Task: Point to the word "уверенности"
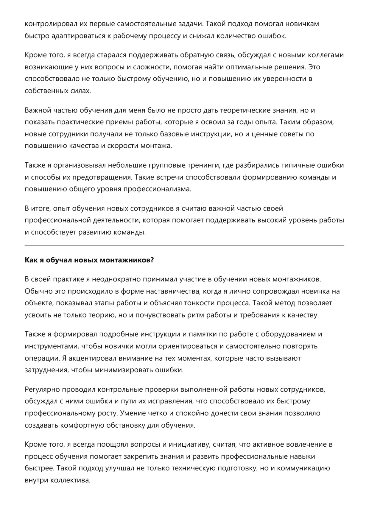284,79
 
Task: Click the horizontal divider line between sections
184,245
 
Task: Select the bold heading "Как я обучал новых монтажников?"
89,260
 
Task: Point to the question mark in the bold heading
152,260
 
